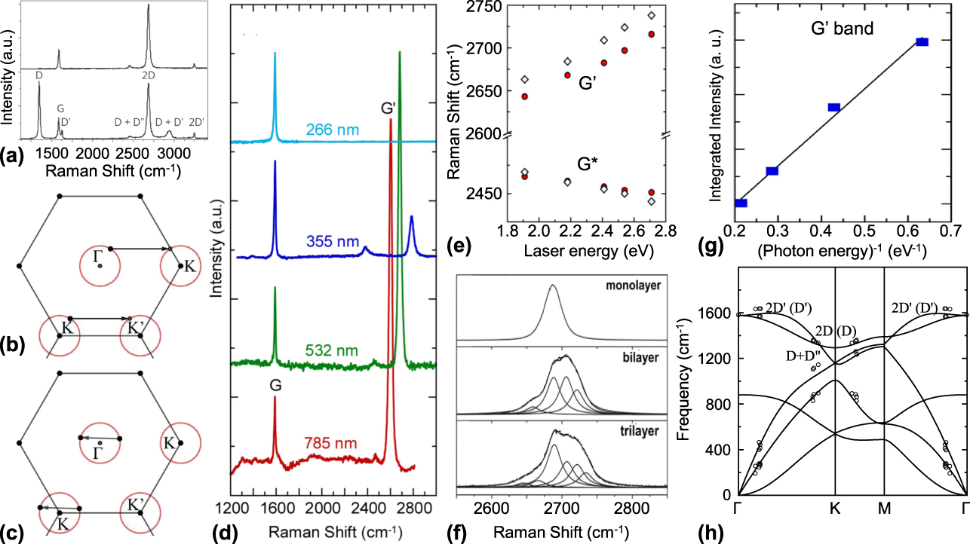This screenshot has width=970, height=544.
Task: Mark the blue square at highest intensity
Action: pyautogui.click(x=922, y=42)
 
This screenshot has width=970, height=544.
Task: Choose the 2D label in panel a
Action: pyautogui.click(x=148, y=75)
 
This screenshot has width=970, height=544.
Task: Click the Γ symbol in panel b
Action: pyautogui.click(x=97, y=257)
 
